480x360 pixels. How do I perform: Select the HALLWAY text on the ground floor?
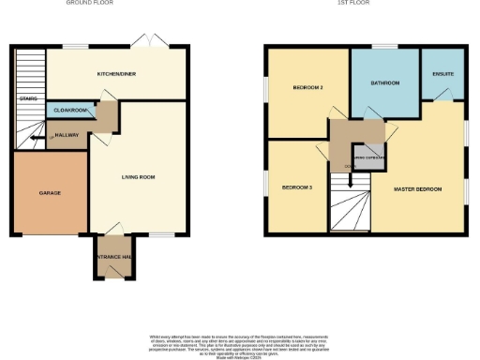coord(67,136)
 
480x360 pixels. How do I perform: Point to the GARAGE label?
coord(50,193)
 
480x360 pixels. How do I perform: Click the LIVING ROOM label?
coord(138,175)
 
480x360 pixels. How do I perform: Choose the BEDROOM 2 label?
coord(307,88)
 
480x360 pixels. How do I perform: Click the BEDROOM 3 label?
coord(297,187)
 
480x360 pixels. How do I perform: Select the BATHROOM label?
coord(384,83)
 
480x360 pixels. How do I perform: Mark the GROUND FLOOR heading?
coord(89,4)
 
